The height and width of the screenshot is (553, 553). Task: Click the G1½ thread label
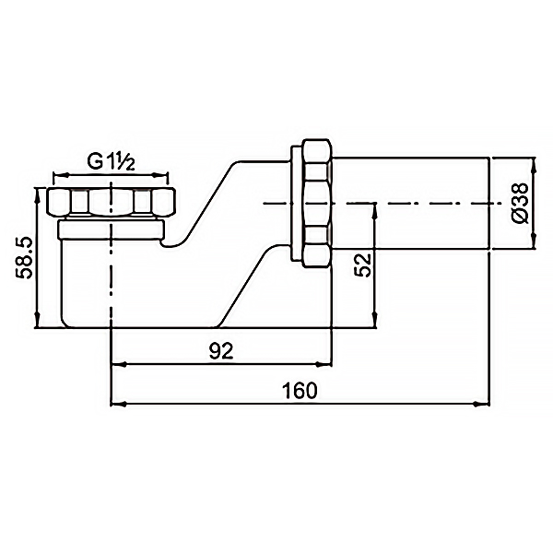click(111, 162)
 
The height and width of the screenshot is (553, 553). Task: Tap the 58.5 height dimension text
click(25, 258)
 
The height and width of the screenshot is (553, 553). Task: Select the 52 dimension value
click(363, 265)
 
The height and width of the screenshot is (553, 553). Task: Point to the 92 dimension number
click(221, 351)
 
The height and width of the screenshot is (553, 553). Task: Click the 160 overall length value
click(300, 391)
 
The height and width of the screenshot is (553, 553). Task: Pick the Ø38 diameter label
click(521, 203)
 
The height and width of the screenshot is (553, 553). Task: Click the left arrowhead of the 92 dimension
click(119, 364)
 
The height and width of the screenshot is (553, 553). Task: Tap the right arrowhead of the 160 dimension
click(482, 405)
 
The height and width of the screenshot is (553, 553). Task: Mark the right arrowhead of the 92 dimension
click(324, 364)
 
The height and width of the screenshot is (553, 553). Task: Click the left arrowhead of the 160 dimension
click(119, 405)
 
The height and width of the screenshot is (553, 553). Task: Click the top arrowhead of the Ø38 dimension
click(534, 167)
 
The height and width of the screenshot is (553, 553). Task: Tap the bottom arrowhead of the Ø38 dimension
click(534, 241)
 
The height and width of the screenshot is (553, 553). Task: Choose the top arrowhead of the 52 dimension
click(376, 211)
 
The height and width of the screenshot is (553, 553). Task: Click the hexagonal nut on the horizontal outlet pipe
click(317, 204)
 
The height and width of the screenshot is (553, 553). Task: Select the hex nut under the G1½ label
click(112, 202)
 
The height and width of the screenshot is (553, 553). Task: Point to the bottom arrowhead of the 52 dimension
click(376, 320)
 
